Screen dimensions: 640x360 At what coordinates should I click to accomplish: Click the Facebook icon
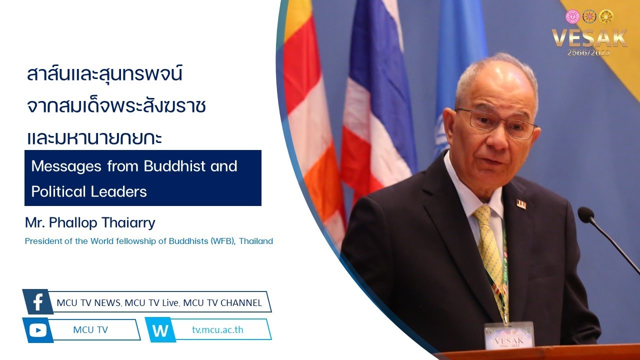click(x=38, y=301)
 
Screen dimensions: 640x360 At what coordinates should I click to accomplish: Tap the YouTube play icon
click(x=37, y=330)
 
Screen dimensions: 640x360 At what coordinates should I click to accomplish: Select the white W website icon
click(x=160, y=330)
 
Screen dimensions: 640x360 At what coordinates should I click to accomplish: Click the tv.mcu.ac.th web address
click(x=217, y=329)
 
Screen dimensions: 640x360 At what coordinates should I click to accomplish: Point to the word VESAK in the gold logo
click(x=589, y=37)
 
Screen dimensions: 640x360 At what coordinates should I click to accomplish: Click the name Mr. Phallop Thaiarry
click(x=90, y=222)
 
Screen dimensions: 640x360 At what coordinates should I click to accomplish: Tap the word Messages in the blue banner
click(x=66, y=166)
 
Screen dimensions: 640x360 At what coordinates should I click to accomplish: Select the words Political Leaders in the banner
click(x=89, y=191)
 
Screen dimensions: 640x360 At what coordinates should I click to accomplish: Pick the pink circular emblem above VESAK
click(x=573, y=16)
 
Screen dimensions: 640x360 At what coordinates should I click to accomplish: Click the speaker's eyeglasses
click(x=497, y=123)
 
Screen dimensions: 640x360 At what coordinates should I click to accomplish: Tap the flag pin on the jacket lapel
click(x=521, y=204)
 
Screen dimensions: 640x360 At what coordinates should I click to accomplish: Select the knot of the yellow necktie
click(x=482, y=213)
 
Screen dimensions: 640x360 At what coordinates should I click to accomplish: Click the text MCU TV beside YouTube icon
click(x=90, y=329)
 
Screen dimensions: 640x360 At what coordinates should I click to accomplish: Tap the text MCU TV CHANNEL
click(x=222, y=303)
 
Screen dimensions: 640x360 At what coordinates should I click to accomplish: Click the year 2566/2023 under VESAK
click(x=588, y=52)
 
